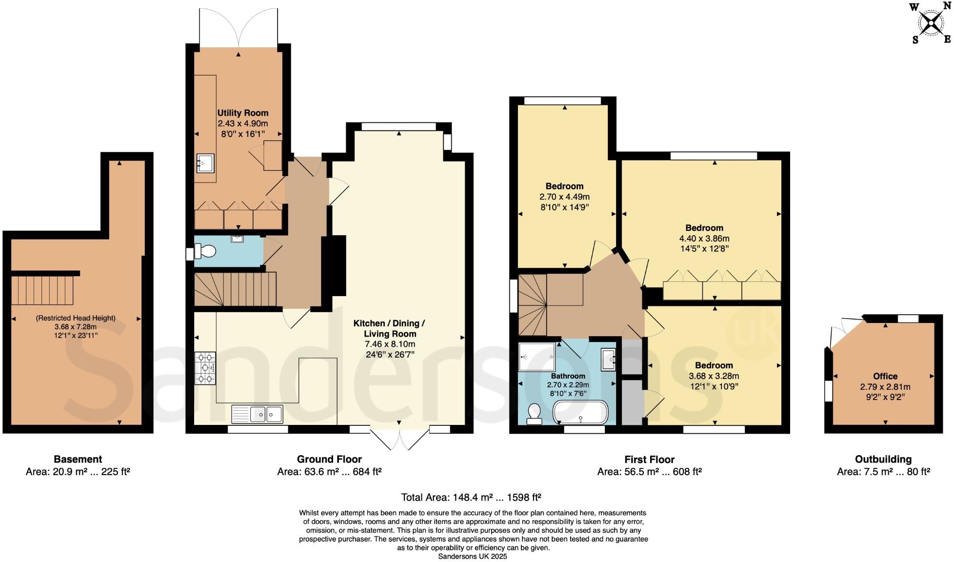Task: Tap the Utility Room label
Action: click(242, 113)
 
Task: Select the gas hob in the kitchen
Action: click(205, 368)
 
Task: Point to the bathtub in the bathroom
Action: click(580, 413)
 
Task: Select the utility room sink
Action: click(205, 163)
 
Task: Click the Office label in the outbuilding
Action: click(885, 376)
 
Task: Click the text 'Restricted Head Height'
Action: click(76, 318)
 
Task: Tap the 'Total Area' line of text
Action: click(471, 498)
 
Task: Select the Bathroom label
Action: click(568, 376)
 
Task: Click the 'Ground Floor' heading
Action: click(329, 459)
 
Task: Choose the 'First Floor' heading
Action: click(649, 460)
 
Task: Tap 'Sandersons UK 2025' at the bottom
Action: click(473, 556)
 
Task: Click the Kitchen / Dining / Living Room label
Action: click(389, 328)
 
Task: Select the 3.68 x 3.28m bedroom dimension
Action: click(714, 376)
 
